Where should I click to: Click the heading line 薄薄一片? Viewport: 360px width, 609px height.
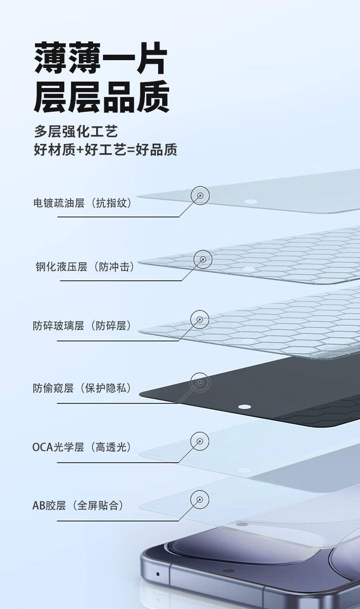(101, 58)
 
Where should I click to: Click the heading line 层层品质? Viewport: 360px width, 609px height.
(101, 97)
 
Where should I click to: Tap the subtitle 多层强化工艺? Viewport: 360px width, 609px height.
(76, 132)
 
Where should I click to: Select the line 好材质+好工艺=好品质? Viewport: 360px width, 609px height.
(105, 150)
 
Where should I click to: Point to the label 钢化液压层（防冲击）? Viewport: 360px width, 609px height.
(85, 267)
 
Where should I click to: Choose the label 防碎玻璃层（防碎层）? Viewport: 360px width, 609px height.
(82, 326)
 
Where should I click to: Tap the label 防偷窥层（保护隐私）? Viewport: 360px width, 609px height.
(82, 388)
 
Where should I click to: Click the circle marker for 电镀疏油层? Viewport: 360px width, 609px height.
(200, 196)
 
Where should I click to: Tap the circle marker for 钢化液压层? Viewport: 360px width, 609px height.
(203, 259)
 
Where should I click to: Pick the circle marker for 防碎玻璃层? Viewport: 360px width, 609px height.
(200, 320)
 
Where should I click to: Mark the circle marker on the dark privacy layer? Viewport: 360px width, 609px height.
(200, 382)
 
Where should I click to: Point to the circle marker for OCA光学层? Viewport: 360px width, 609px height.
(200, 441)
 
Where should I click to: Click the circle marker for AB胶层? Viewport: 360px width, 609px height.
(200, 499)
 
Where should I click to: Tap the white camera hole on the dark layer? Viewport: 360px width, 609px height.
(245, 407)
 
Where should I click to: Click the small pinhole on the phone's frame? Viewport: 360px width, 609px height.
(158, 574)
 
